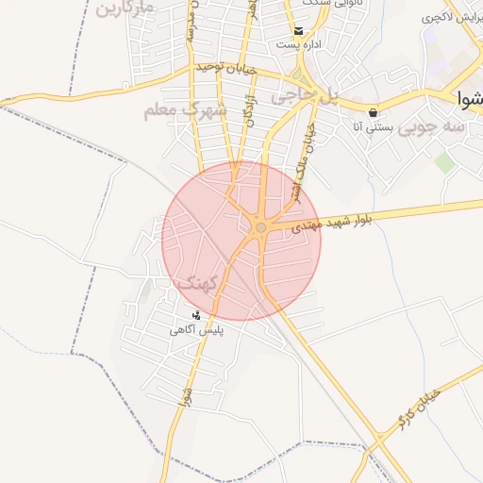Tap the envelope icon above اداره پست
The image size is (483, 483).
tap(298, 30)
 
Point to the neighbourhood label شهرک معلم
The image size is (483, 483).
tap(186, 109)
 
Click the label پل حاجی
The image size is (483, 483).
tap(304, 95)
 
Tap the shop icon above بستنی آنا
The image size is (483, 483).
tap(374, 111)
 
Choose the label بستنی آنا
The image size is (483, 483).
tap(371, 125)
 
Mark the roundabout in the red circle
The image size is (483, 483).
tap(261, 227)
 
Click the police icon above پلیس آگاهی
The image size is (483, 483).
tap(196, 315)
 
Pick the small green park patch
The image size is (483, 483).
tap(443, 162)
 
